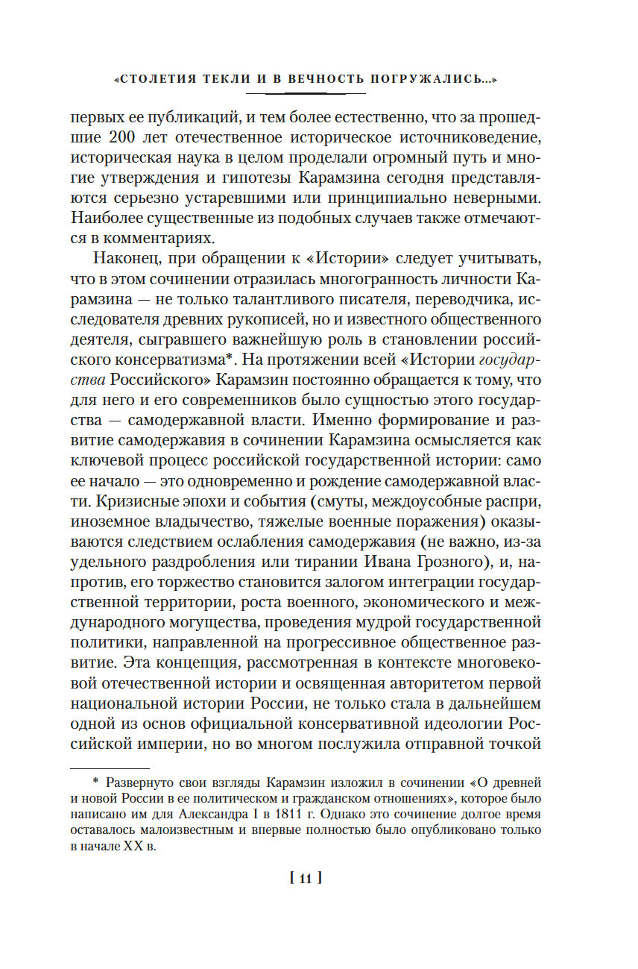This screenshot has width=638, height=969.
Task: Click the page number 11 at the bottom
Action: click(x=305, y=879)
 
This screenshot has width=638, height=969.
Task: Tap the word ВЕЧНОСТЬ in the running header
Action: click(x=291, y=78)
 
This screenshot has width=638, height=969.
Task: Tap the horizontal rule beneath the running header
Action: click(x=306, y=93)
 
